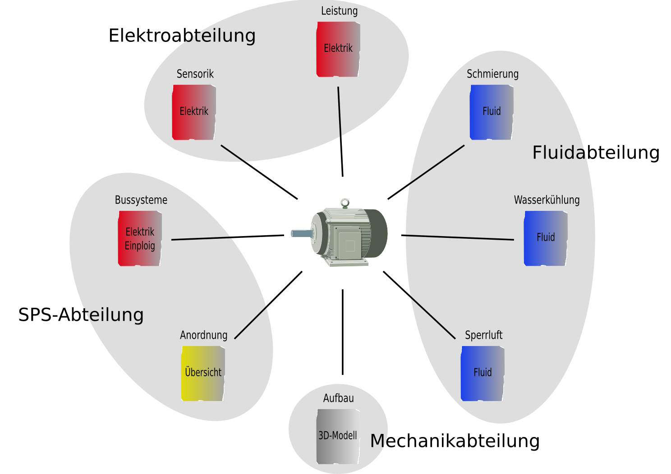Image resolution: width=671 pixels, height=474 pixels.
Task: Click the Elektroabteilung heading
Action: (x=182, y=36)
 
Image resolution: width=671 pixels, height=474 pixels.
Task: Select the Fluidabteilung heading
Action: (x=596, y=153)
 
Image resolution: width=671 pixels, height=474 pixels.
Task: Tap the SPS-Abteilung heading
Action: (x=81, y=314)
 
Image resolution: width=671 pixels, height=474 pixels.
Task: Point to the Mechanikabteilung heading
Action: (x=455, y=441)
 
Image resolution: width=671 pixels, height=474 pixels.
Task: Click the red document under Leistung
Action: (x=338, y=49)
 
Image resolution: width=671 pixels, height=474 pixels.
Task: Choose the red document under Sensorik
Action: (x=194, y=112)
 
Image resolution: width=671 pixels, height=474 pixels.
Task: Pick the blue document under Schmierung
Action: (x=492, y=112)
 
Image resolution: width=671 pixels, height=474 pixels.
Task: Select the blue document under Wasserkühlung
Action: (x=546, y=238)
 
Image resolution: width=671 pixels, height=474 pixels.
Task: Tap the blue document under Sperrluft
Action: (x=483, y=374)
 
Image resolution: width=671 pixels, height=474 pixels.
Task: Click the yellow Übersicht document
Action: (x=203, y=374)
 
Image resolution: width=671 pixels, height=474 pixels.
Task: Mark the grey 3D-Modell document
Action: (x=338, y=436)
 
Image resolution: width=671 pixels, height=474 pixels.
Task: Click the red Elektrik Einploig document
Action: (x=140, y=238)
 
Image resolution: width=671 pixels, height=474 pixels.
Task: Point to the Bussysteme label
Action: (x=141, y=200)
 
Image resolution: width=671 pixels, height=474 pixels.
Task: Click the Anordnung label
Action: (x=204, y=335)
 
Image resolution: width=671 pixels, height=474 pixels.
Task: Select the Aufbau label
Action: (x=339, y=398)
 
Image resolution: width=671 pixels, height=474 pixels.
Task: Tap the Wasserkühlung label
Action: (x=547, y=200)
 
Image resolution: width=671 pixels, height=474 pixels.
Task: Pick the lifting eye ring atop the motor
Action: (x=345, y=203)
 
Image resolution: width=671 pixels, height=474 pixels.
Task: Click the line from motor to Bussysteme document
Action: (x=228, y=237)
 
